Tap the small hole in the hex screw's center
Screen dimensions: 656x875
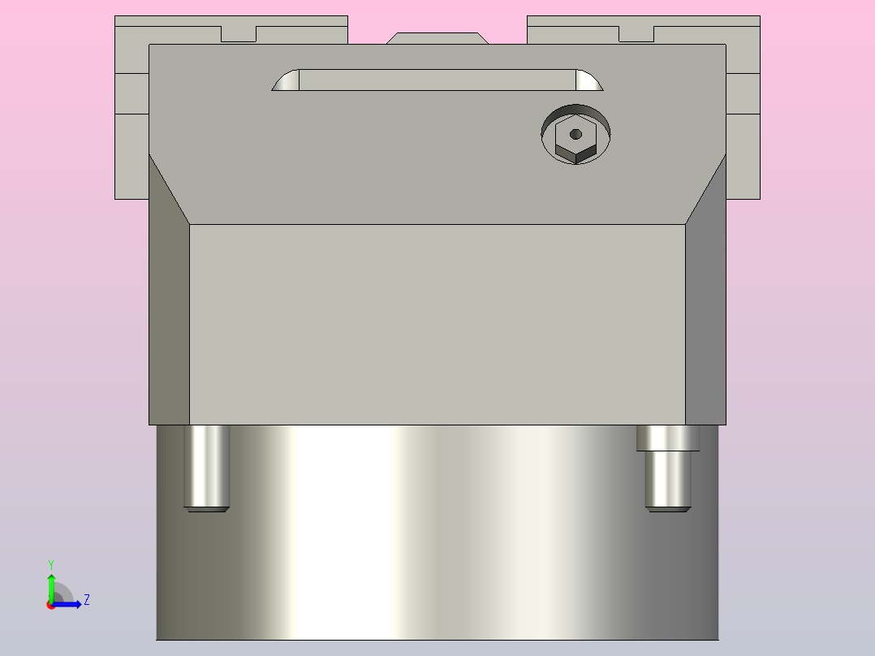(x=575, y=134)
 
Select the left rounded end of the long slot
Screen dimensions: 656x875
(x=287, y=81)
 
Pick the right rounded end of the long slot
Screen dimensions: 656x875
(x=588, y=80)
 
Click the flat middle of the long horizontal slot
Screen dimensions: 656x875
(x=437, y=80)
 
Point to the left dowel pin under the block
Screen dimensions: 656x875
(x=206, y=467)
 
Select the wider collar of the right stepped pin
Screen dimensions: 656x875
(x=668, y=438)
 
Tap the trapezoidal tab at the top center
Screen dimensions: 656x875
(x=437, y=38)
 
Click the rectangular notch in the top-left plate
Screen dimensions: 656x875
(x=239, y=34)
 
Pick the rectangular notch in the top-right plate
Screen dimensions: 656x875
(x=636, y=34)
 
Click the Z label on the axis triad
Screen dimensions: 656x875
(x=86, y=600)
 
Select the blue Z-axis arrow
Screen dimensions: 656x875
(x=69, y=604)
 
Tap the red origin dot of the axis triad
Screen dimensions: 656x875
(x=51, y=605)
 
